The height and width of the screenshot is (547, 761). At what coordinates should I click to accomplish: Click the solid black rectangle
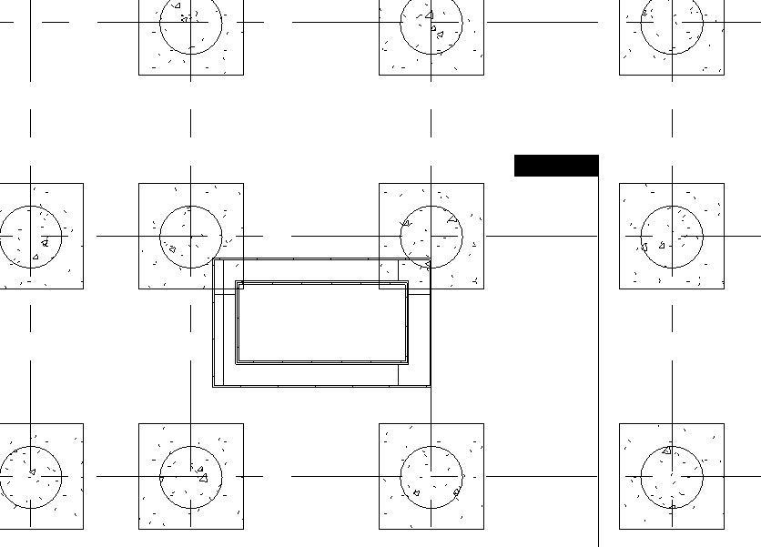pyautogui.click(x=556, y=166)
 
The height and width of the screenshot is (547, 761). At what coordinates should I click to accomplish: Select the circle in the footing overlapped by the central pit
pyautogui.click(x=431, y=237)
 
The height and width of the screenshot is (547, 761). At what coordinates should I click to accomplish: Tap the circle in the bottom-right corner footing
pyautogui.click(x=672, y=476)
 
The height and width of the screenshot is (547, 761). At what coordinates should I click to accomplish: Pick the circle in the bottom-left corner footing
pyautogui.click(x=30, y=476)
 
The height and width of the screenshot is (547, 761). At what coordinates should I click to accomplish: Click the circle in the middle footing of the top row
pyautogui.click(x=431, y=24)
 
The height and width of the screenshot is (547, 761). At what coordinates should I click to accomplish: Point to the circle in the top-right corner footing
pyautogui.click(x=672, y=24)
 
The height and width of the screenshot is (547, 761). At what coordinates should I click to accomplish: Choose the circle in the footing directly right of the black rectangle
pyautogui.click(x=672, y=237)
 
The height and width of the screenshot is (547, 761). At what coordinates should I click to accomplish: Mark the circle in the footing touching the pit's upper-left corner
pyautogui.click(x=191, y=237)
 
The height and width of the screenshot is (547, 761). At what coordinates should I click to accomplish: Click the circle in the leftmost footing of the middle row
pyautogui.click(x=30, y=237)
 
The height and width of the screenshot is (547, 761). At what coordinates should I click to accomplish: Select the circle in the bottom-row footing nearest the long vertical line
pyautogui.click(x=431, y=476)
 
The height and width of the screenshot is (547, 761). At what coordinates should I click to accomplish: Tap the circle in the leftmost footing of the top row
pyautogui.click(x=191, y=24)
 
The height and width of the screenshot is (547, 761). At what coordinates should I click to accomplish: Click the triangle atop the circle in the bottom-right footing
pyautogui.click(x=667, y=450)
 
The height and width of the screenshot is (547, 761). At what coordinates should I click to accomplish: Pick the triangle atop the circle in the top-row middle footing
pyautogui.click(x=430, y=15)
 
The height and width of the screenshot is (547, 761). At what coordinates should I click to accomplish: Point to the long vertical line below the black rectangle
pyautogui.click(x=598, y=364)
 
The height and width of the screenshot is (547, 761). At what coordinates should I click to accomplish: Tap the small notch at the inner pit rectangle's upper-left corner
pyautogui.click(x=240, y=286)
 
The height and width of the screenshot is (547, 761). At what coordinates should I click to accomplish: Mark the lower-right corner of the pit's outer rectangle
pyautogui.click(x=430, y=386)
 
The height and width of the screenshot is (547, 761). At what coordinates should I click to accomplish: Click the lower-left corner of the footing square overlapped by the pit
pyautogui.click(x=380, y=289)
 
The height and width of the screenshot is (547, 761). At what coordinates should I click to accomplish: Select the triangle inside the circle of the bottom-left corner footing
pyautogui.click(x=32, y=472)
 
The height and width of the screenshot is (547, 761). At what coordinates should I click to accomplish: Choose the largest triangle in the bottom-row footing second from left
pyautogui.click(x=203, y=477)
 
